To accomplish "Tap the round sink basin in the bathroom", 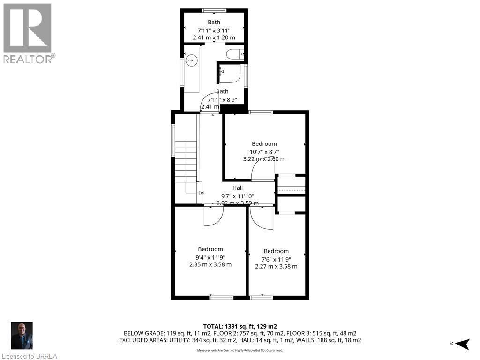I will click(191, 60).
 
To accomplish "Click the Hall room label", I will click(238, 187).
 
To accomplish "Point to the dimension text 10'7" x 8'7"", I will click(264, 151).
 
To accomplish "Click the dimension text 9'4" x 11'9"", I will click(210, 257).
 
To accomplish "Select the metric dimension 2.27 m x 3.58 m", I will click(276, 266).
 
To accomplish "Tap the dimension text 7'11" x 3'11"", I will click(214, 30).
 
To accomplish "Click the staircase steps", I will click(186, 162).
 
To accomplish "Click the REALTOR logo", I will click(28, 33).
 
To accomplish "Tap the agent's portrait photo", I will click(22, 336).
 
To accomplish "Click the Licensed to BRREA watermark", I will click(29, 356).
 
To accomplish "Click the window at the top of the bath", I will click(214, 10).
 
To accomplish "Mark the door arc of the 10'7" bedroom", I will click(262, 172).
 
